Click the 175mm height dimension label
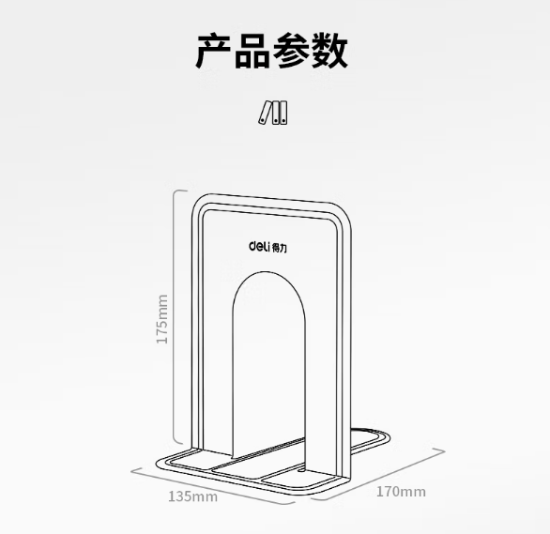pos(162,319)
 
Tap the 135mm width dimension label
pos(193,496)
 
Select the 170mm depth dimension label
pos(401,492)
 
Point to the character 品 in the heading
pos(252,51)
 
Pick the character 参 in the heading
pos(290,51)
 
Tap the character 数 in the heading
pos(329,51)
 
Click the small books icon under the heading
pos(272,113)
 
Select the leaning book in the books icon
pos(266,113)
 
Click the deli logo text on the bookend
pos(260,246)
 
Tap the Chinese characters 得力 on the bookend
pos(280,249)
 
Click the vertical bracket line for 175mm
pos(175,317)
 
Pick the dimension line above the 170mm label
pos(379,475)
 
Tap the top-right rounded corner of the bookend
pos(345,211)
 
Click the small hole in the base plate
pos(301,470)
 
